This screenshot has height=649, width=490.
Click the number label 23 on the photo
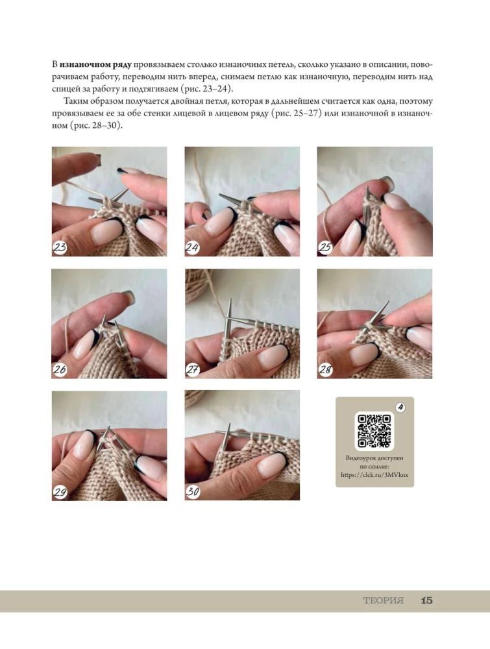click(x=60, y=247)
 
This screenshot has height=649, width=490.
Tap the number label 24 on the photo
click(x=193, y=247)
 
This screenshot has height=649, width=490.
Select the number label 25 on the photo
click(x=325, y=247)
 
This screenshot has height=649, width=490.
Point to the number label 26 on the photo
click(x=60, y=370)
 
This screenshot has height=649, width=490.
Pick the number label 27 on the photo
click(x=193, y=370)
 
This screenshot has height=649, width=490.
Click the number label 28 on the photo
click(x=325, y=370)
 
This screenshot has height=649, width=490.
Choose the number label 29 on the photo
click(x=60, y=492)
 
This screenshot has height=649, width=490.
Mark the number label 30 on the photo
click(x=193, y=492)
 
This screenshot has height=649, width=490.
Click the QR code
click(x=374, y=431)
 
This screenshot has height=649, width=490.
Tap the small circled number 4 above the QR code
click(x=400, y=408)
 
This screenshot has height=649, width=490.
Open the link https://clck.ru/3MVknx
click(x=374, y=475)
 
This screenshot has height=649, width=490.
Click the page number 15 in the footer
click(x=426, y=600)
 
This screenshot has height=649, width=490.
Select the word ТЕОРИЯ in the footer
click(x=383, y=600)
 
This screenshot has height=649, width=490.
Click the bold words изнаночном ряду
click(x=95, y=64)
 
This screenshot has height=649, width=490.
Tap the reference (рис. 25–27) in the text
click(x=297, y=113)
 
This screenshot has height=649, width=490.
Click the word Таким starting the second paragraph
click(x=75, y=101)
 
